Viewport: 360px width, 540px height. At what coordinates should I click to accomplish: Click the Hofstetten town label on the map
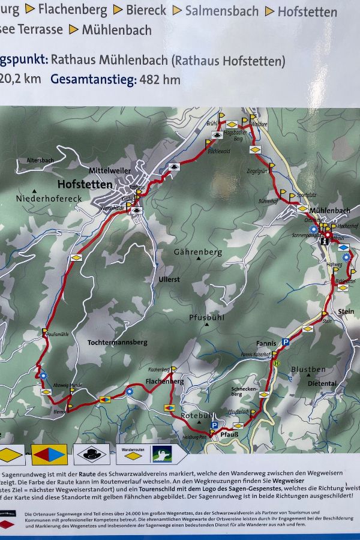point(85,184)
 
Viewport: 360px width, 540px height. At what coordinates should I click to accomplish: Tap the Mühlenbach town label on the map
point(329,211)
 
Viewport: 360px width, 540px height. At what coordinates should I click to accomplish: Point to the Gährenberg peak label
point(197,253)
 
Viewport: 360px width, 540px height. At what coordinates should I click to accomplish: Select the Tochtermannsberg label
point(117,342)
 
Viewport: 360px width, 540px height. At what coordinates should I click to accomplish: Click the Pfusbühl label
point(206,317)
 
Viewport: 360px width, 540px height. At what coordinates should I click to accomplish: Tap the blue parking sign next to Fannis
point(286,342)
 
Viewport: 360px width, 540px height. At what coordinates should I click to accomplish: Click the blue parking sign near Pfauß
point(214,425)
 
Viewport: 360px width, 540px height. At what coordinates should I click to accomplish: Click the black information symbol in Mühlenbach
point(324,241)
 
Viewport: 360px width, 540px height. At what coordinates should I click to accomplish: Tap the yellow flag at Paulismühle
point(45,331)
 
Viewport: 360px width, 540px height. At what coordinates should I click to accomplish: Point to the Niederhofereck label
point(49,199)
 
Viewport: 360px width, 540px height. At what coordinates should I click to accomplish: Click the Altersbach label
point(40,160)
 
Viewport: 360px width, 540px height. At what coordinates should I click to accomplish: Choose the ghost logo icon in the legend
point(161,454)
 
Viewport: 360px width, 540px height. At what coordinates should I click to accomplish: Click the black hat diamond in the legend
point(92,455)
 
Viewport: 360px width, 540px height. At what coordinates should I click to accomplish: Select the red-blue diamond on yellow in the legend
point(49,455)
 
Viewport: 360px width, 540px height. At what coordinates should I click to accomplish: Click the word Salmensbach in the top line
point(222,11)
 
